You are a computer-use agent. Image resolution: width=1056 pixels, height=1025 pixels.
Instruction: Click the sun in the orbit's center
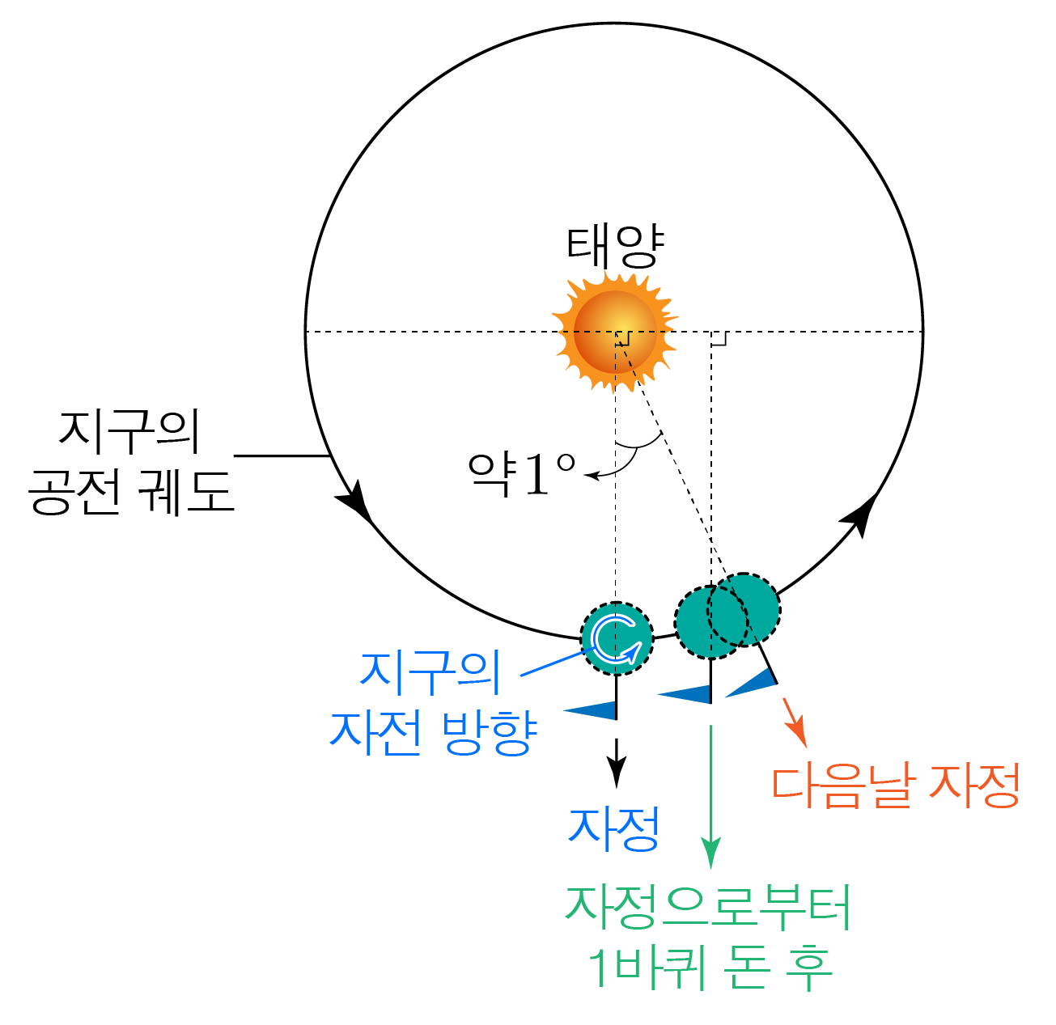[x=615, y=332]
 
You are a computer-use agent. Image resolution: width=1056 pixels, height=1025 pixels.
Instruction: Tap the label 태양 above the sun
[x=614, y=247]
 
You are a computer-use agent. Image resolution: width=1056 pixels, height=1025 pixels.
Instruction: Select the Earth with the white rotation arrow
[x=617, y=638]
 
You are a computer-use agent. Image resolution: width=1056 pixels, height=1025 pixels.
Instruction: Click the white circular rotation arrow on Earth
[x=617, y=638]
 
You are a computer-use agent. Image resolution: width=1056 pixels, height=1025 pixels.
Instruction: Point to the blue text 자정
[x=614, y=828]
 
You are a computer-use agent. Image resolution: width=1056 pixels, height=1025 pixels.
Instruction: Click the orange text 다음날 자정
[x=895, y=786]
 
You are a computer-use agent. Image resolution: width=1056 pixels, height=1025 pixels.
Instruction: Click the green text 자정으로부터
[x=709, y=907]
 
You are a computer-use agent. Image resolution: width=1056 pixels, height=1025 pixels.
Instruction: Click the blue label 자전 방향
[x=433, y=732]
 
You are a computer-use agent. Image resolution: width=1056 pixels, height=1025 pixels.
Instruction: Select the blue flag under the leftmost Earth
[x=592, y=710]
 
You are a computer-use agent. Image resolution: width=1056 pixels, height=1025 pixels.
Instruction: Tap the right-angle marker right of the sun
[x=719, y=339]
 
